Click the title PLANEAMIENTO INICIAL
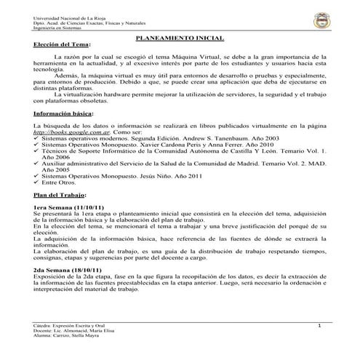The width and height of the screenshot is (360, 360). click(180, 36)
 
